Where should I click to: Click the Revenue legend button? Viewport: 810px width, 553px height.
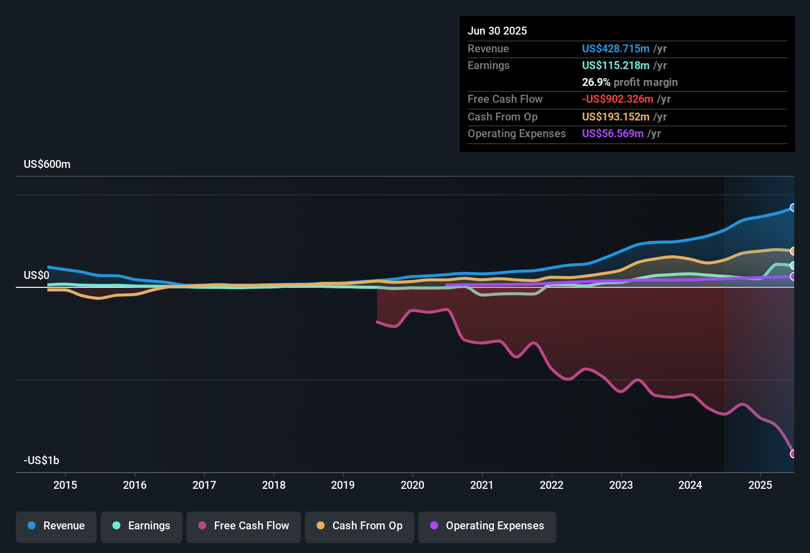(56, 526)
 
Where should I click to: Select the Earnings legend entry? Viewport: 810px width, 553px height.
(142, 526)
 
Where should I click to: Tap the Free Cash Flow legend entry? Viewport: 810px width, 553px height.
(244, 526)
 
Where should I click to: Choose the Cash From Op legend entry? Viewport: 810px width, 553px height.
(360, 526)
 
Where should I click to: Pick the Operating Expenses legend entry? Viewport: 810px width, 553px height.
(487, 526)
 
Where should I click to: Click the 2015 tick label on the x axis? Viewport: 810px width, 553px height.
(65, 485)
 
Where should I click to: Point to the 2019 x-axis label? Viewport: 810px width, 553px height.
(343, 485)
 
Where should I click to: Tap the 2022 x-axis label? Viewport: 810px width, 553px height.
(552, 485)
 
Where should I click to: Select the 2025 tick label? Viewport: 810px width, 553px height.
(760, 485)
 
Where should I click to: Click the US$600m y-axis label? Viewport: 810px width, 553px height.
(47, 164)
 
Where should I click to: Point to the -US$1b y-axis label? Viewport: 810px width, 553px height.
(42, 461)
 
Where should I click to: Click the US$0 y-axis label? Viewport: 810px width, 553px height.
(37, 276)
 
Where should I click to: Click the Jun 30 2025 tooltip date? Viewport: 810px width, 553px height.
(497, 31)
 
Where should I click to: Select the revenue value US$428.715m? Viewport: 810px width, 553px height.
(616, 49)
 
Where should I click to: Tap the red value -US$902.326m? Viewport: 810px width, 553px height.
(618, 99)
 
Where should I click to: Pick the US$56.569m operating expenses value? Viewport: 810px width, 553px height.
(613, 134)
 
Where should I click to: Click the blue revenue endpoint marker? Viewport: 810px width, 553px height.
(793, 208)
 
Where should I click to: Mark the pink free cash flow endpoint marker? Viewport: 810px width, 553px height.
(793, 454)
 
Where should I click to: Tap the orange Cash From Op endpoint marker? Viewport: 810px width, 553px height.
(793, 251)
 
